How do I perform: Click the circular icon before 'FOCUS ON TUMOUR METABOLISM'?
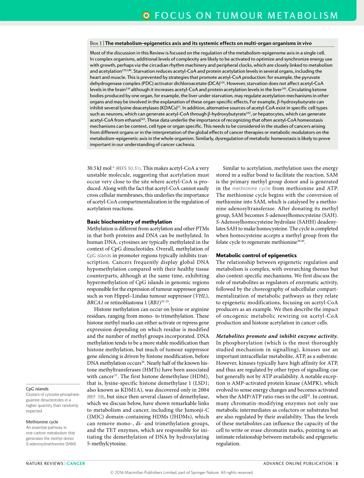tap(146, 15)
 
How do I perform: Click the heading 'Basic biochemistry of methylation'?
tap(129, 222)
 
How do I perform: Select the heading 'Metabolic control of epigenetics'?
tap(256, 255)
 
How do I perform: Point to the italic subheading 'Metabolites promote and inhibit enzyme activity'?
tap(277, 336)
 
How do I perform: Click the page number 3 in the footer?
tap(336, 463)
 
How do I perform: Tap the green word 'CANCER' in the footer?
tap(76, 463)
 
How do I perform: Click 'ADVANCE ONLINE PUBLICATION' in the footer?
tap(298, 463)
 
